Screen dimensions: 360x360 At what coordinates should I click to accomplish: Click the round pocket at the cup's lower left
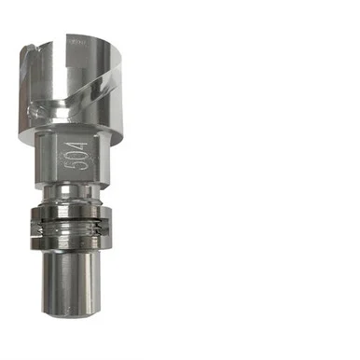click(x=34, y=110)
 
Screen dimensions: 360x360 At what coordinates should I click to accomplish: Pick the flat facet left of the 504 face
click(x=44, y=157)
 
